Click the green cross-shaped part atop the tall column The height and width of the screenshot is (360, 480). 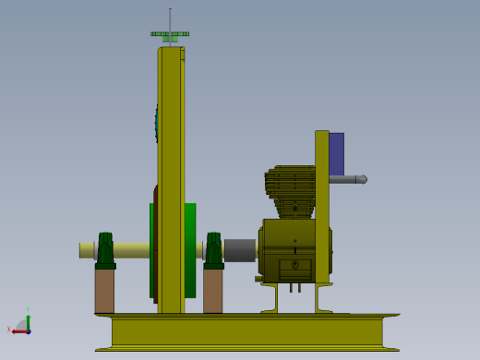point(170,35)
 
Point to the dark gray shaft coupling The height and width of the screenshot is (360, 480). point(240,249)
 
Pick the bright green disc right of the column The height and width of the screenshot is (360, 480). point(190,249)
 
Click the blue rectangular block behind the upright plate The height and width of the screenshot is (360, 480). point(337,153)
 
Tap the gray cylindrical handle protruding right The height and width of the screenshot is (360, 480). point(349,179)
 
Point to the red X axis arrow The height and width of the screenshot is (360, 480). point(19,330)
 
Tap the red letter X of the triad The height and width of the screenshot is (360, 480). point(9,330)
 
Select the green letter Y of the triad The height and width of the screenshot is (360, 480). point(29,310)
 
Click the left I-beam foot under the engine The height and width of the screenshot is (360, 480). point(269,298)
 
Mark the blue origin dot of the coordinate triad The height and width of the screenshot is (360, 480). point(29,330)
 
